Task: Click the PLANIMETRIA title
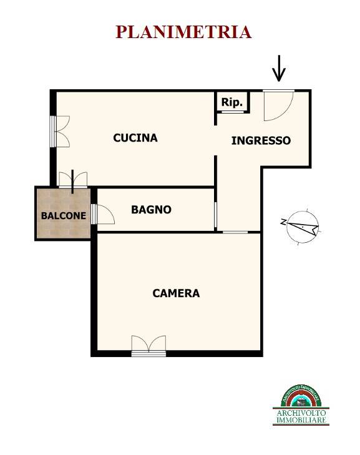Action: (183, 32)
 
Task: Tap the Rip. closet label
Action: (232, 102)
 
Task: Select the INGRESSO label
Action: (261, 141)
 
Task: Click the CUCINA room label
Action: (135, 138)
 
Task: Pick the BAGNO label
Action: (151, 210)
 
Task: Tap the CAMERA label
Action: (176, 293)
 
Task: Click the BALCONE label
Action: (63, 216)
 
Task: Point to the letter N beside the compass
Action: (284, 222)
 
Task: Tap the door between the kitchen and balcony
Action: (74, 181)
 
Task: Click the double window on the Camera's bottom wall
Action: (149, 346)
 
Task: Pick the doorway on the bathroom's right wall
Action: (215, 215)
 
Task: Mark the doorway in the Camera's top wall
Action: (235, 232)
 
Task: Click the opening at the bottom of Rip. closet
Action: (232, 112)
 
